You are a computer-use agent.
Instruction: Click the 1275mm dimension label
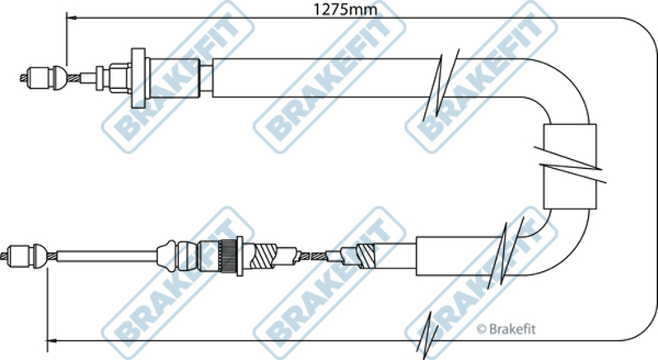point(345,9)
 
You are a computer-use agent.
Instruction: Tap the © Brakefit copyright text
point(506,329)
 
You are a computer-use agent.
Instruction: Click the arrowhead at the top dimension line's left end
point(72,18)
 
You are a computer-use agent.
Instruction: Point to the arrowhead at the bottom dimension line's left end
point(51,340)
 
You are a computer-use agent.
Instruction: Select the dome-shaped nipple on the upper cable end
point(59,77)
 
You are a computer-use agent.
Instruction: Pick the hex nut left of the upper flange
point(120,77)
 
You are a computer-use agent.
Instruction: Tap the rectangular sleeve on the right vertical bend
point(569,166)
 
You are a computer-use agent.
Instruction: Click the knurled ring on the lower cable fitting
point(228,256)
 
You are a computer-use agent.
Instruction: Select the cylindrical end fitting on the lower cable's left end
point(20,255)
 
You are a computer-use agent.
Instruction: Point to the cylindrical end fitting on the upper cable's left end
point(40,78)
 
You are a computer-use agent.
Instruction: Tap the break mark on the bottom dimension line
point(428,334)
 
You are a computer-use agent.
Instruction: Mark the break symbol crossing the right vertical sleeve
point(570,165)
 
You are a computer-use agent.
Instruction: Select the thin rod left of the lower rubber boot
point(106,256)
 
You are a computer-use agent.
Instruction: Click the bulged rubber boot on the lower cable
point(168,255)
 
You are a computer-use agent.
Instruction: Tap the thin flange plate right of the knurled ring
point(240,256)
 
